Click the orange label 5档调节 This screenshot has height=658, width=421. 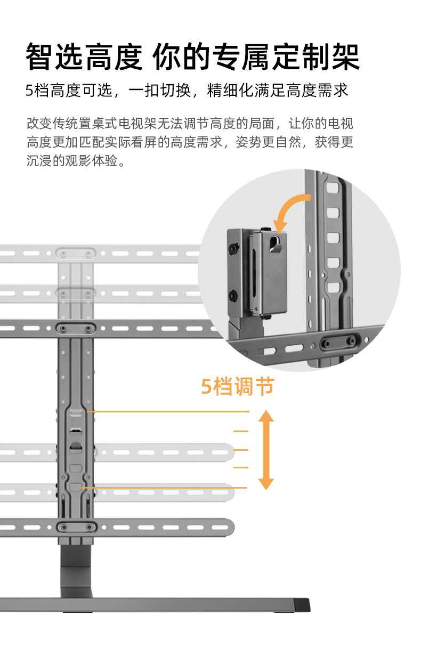coord(237,386)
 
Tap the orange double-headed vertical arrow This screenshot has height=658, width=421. coord(266,450)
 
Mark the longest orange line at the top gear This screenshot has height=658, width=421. coord(168,412)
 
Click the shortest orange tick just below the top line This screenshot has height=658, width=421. coord(241,430)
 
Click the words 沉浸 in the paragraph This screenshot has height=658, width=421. coord(38,160)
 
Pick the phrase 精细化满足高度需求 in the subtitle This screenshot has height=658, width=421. coord(278,90)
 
